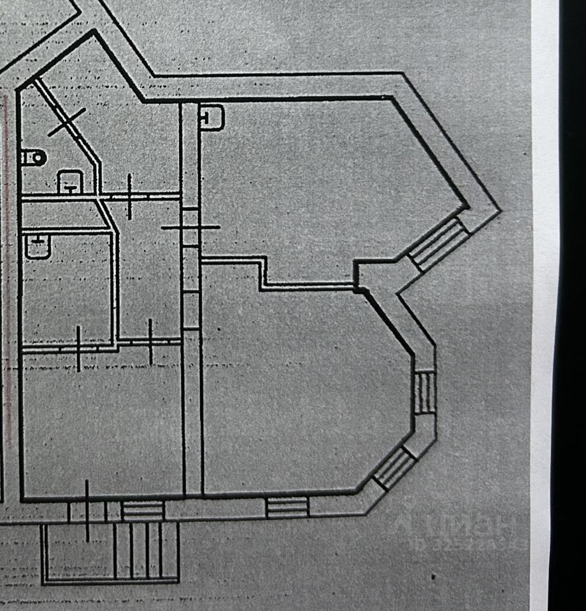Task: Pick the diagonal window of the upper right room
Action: point(439,244)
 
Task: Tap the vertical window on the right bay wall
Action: point(425,392)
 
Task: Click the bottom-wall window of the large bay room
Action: point(287,507)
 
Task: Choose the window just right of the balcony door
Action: point(143,510)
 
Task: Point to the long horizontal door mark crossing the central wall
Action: point(190,227)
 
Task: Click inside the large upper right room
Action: point(318,178)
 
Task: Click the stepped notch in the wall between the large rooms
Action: point(264,274)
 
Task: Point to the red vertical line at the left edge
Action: point(8,255)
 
